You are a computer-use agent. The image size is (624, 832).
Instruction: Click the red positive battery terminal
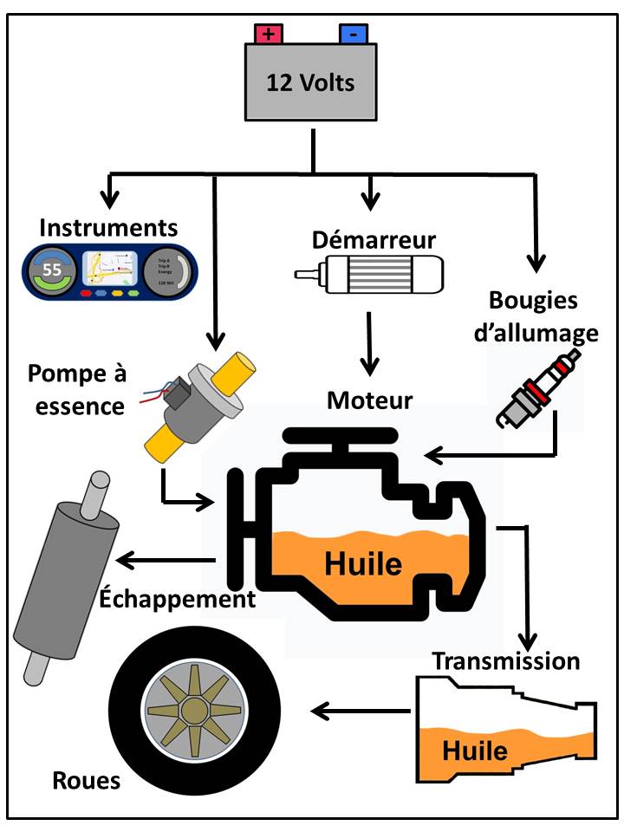pos(269,34)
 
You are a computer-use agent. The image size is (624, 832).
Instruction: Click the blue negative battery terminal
pos(353,34)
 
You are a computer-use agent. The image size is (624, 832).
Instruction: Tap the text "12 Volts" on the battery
pos(311,84)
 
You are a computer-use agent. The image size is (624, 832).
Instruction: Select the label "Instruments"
pos(109,228)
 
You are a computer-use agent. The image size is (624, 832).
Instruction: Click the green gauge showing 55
pos(53,270)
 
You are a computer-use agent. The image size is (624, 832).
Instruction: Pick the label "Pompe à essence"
pos(76,389)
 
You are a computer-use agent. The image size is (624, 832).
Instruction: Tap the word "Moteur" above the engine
pos(370,400)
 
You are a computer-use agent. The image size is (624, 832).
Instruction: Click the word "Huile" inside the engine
pos(363,564)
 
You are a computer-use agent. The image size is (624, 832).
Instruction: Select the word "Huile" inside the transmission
pos(475,750)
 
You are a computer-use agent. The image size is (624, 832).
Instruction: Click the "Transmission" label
pos(506,660)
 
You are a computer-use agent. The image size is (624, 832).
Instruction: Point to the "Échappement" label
pos(178,598)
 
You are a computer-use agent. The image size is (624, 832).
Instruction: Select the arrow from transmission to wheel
pos(361,712)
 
